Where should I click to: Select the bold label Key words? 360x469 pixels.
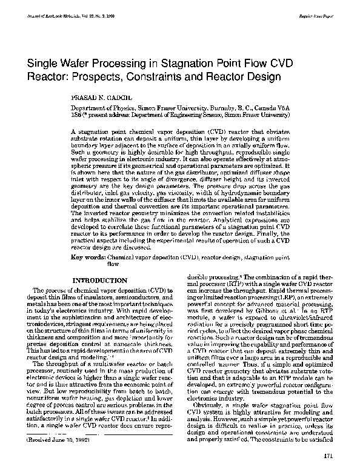pyautogui.click(x=88, y=258)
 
